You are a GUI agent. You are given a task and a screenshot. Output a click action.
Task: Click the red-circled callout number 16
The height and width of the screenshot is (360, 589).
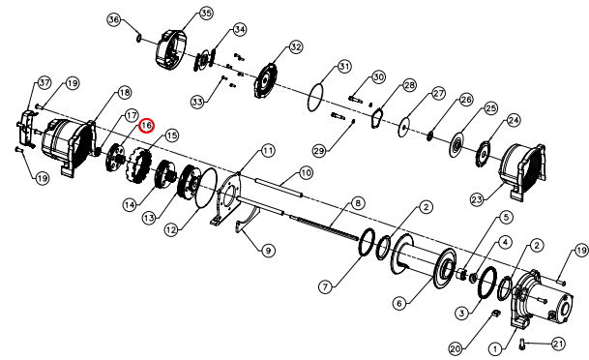click(146, 126)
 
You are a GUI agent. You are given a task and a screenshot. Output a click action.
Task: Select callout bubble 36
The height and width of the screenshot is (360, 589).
click(114, 19)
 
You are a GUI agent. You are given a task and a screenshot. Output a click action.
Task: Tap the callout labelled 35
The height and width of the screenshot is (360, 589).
click(206, 14)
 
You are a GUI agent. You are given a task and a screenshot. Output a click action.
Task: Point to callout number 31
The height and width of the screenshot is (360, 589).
click(344, 67)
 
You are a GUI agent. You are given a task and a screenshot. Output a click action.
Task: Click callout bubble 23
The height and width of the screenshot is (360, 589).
click(477, 199)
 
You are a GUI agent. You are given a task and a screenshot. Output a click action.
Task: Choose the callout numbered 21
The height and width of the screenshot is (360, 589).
click(559, 344)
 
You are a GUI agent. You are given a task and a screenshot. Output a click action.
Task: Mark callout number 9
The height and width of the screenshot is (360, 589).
click(268, 251)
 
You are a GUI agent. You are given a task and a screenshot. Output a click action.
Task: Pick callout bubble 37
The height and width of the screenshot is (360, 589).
click(44, 82)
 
